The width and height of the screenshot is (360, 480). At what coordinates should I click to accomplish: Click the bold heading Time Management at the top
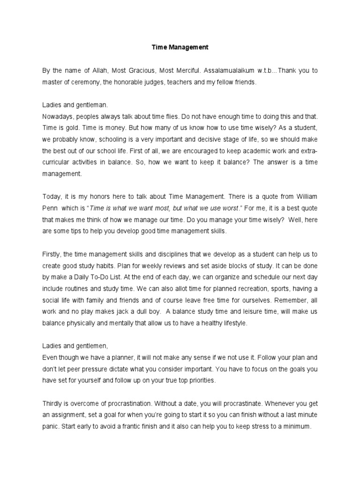[x=180, y=47]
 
